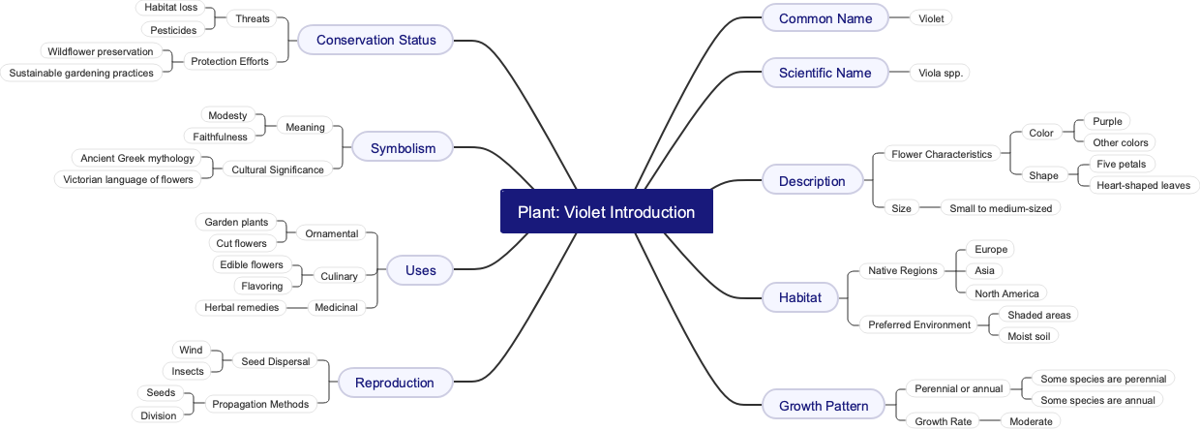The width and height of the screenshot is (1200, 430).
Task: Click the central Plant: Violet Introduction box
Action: point(606,212)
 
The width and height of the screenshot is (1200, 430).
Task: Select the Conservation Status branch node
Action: point(375,40)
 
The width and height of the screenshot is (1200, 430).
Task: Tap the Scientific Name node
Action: point(825,73)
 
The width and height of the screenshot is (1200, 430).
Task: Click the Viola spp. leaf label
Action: point(940,73)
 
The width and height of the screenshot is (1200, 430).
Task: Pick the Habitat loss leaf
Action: point(170,8)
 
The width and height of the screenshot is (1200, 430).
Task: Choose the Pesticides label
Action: point(173,30)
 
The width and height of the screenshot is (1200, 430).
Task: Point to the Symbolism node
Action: point(403,148)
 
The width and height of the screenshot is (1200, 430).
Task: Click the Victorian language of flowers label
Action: point(128,179)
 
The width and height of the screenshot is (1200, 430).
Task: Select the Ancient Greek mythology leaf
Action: point(137,158)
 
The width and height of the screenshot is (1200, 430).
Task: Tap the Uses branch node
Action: point(420,270)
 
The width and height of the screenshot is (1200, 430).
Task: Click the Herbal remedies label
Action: point(241,307)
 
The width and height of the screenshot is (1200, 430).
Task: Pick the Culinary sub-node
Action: point(339,276)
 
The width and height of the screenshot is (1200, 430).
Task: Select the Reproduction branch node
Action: point(394,383)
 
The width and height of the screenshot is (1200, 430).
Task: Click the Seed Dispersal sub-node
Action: point(275,361)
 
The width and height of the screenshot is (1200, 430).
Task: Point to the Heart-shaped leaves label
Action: point(1143,185)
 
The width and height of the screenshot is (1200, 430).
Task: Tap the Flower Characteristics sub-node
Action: point(941,154)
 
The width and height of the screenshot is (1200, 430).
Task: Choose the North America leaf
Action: point(1006,293)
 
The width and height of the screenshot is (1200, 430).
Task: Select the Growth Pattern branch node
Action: point(823,406)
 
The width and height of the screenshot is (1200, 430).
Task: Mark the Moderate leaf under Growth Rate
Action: point(1030,421)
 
